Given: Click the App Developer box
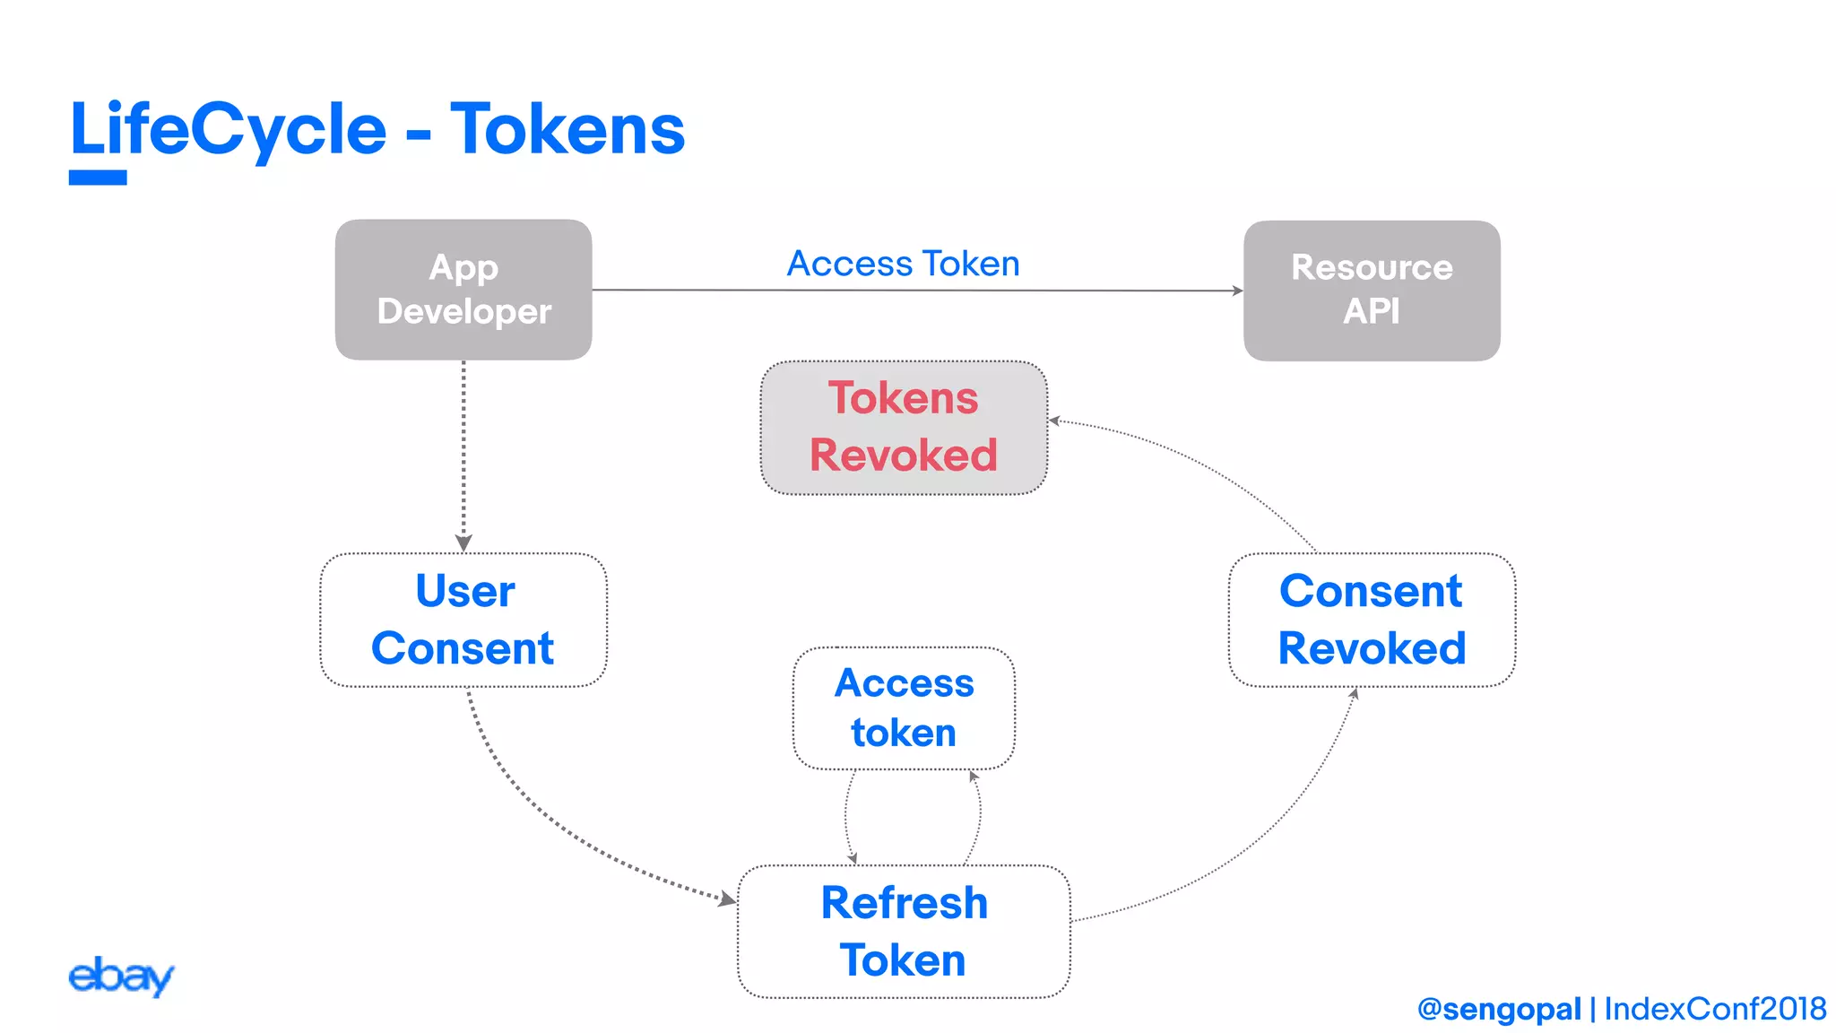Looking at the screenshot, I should (463, 290).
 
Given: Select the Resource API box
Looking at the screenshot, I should (1372, 291).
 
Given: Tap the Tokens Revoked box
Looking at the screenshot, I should (904, 428).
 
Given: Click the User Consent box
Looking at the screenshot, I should (463, 620).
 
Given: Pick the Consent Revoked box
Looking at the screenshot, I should (1372, 620).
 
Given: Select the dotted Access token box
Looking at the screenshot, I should (904, 707).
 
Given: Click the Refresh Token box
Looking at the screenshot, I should (904, 931).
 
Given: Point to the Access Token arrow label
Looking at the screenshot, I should (904, 264).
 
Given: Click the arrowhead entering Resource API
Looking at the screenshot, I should (1237, 291).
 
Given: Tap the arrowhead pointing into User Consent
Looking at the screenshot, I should (463, 543).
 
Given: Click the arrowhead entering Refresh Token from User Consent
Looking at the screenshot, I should (727, 898).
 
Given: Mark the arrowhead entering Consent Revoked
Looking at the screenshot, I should (1354, 694).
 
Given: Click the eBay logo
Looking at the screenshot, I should (121, 976).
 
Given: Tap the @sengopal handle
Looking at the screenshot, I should (1499, 1009).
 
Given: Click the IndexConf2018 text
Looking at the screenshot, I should (1714, 1009).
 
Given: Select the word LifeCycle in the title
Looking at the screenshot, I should (228, 129).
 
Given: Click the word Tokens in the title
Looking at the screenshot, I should (567, 129).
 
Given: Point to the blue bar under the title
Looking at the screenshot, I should (98, 178).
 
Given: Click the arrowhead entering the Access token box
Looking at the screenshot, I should (973, 777).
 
